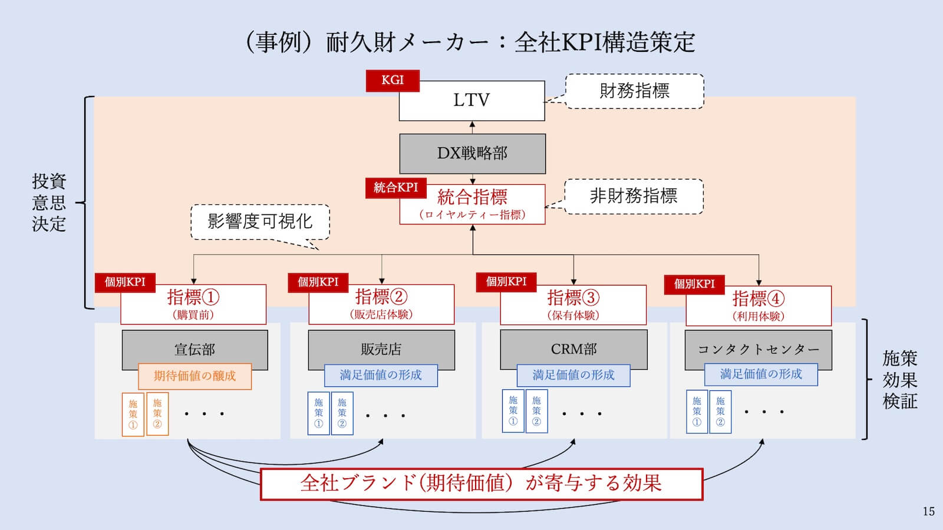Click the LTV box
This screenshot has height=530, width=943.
click(x=471, y=101)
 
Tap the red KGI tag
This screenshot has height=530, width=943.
click(x=393, y=80)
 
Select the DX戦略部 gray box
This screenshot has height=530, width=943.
click(x=472, y=153)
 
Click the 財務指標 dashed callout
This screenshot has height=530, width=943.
click(x=634, y=91)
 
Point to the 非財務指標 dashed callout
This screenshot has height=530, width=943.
click(x=634, y=196)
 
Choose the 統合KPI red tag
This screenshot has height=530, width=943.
click(x=395, y=188)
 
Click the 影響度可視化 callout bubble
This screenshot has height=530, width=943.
click(x=260, y=221)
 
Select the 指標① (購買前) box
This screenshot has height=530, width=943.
click(x=193, y=304)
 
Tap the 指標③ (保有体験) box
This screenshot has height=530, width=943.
click(x=573, y=304)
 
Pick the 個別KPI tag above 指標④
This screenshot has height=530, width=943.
click(x=694, y=284)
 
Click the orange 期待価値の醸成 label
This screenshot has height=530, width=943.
click(x=194, y=376)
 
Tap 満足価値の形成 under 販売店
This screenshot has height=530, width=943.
click(x=381, y=375)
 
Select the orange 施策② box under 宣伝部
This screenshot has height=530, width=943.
click(x=157, y=414)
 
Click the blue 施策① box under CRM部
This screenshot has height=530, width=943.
click(x=513, y=410)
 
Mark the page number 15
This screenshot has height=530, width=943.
click(x=928, y=511)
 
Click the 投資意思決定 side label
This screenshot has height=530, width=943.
click(x=49, y=203)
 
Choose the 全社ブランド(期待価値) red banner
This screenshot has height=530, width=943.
click(x=481, y=483)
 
